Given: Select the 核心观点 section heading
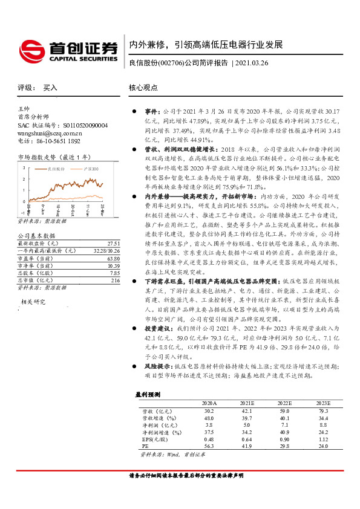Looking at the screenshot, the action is coord(143,88).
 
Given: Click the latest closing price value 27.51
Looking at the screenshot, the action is coord(113,242).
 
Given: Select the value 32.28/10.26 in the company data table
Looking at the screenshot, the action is coord(106,250).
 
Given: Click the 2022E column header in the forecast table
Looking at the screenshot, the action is coord(284,403).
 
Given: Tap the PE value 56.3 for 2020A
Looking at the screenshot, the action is coord(209,446).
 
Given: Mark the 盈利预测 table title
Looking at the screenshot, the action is coord(147,394).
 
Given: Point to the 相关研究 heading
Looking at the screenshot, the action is coord(33,300).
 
